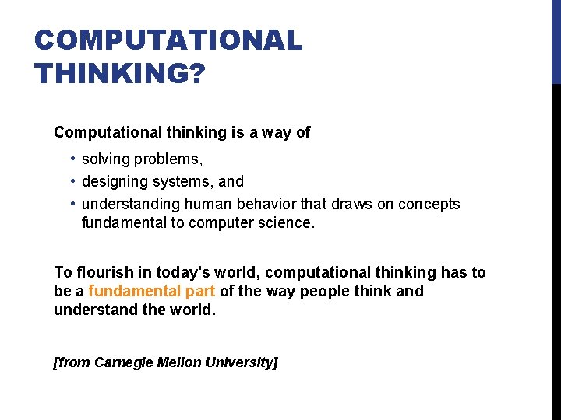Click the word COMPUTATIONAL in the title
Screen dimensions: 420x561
pyautogui.click(x=168, y=40)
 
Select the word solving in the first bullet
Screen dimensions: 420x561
pyautogui.click(x=105, y=159)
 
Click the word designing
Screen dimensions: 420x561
pyautogui.click(x=114, y=182)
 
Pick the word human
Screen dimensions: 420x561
pyautogui.click(x=205, y=205)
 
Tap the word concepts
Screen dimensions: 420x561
pyautogui.click(x=429, y=205)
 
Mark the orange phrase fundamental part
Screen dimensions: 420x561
pyautogui.click(x=153, y=292)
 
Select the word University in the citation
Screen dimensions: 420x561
pyautogui.click(x=238, y=362)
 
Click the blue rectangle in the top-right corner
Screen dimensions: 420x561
pyautogui.click(x=556, y=42)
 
